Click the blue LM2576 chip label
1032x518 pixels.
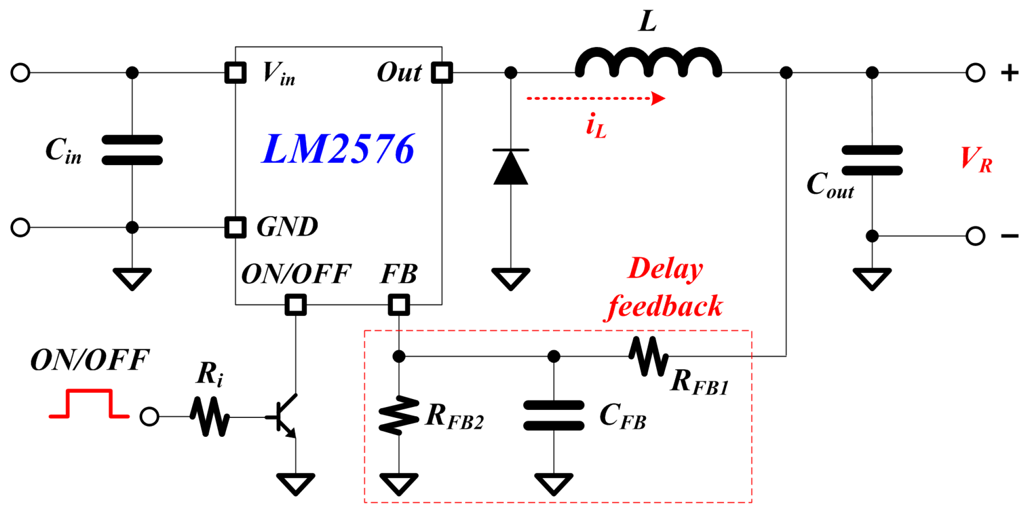point(338,149)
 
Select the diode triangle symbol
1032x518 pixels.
point(511,167)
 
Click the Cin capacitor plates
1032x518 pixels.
point(132,150)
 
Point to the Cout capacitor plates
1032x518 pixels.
point(872,160)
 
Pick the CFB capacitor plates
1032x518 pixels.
point(553,415)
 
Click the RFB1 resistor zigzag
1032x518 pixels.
point(649,356)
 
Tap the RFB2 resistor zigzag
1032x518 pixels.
point(399,415)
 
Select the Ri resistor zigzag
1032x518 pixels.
point(210,417)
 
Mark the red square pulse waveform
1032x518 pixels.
point(89,404)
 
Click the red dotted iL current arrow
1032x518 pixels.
point(595,98)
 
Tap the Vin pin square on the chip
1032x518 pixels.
point(235,73)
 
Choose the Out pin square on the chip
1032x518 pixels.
point(442,73)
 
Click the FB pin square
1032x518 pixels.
point(399,305)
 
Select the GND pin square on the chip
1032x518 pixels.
point(235,227)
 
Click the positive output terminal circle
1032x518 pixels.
point(975,73)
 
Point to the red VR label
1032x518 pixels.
point(976,160)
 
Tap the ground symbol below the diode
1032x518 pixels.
point(511,279)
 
